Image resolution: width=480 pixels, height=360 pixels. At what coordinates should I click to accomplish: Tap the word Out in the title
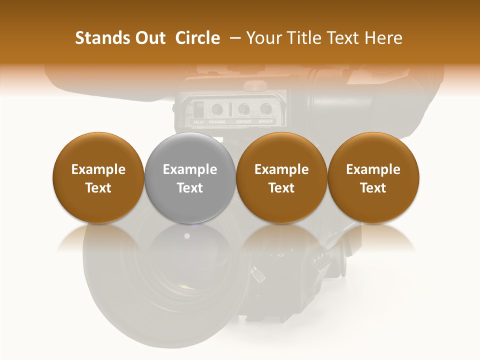[x=148, y=38]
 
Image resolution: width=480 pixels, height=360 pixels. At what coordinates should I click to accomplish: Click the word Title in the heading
[x=302, y=38]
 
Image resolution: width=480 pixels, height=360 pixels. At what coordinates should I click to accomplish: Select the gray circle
[x=190, y=178]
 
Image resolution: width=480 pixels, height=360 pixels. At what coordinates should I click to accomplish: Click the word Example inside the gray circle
[x=190, y=169]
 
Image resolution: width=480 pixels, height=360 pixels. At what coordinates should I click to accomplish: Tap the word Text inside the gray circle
[x=190, y=188]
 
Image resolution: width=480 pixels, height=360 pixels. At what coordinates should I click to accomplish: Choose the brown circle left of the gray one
[x=98, y=178]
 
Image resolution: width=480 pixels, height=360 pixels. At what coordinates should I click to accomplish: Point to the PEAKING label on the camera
[x=217, y=122]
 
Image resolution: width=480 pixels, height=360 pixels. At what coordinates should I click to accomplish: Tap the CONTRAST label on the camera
[x=243, y=122]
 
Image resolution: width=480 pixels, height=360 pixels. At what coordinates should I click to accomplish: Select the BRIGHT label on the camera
[x=266, y=122]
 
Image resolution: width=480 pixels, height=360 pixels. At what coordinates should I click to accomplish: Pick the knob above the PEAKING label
[x=217, y=109]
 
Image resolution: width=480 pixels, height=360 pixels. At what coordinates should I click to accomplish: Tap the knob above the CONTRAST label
[x=243, y=109]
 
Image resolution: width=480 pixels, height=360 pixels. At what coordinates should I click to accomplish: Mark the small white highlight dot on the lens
[x=187, y=235]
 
